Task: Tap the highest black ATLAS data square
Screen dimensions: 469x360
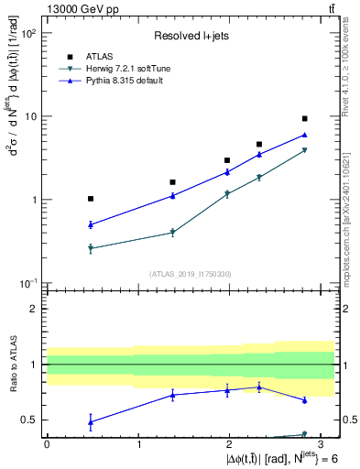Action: tap(304, 118)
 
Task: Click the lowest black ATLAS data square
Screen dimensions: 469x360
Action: tap(91, 199)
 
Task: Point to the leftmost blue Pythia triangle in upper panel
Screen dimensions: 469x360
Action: tap(91, 224)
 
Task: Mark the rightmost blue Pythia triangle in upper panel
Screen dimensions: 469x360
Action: tap(304, 135)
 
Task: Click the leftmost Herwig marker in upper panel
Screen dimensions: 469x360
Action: tap(91, 248)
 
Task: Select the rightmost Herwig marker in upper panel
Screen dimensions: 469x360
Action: tap(304, 150)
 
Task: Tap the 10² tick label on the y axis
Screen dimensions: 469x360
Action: tap(29, 34)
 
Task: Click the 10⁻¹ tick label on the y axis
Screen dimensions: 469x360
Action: tap(29, 283)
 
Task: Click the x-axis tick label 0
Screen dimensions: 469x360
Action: tap(47, 442)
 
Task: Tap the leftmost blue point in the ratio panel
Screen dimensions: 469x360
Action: tap(91, 422)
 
